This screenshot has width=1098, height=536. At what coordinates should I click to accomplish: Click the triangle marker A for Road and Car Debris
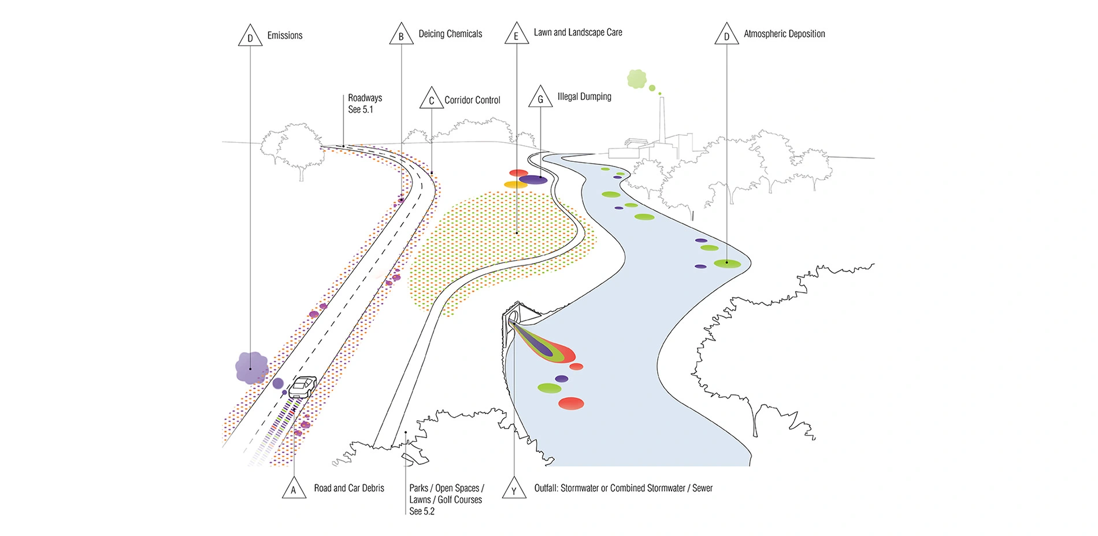coord(294,489)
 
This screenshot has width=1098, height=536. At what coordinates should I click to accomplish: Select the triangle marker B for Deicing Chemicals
coord(401,35)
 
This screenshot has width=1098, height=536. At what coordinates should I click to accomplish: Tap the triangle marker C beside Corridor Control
coord(431,99)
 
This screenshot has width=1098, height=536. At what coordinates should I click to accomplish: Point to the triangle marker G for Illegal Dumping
coord(540,98)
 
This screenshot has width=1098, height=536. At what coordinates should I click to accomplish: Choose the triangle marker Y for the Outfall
coord(514,489)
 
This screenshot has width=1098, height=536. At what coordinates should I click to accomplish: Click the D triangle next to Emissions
coord(250,37)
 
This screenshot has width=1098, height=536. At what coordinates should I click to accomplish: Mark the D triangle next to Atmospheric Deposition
coord(726,35)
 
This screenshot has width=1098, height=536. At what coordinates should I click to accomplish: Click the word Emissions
coord(284,35)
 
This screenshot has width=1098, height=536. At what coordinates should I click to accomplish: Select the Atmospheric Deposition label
coord(784,34)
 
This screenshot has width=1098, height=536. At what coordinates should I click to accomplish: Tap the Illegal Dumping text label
coord(584,97)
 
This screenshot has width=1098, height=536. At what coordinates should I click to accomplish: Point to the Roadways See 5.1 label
coord(364,103)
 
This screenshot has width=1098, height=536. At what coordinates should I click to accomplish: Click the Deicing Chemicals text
coord(450,34)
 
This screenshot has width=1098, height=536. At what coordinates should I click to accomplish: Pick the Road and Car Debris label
coord(349,488)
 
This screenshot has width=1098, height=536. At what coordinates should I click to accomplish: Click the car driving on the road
coord(302,386)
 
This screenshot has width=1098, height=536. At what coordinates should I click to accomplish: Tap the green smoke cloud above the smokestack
coord(636,79)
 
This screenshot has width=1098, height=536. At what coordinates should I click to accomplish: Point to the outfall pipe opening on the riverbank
coord(511,320)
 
